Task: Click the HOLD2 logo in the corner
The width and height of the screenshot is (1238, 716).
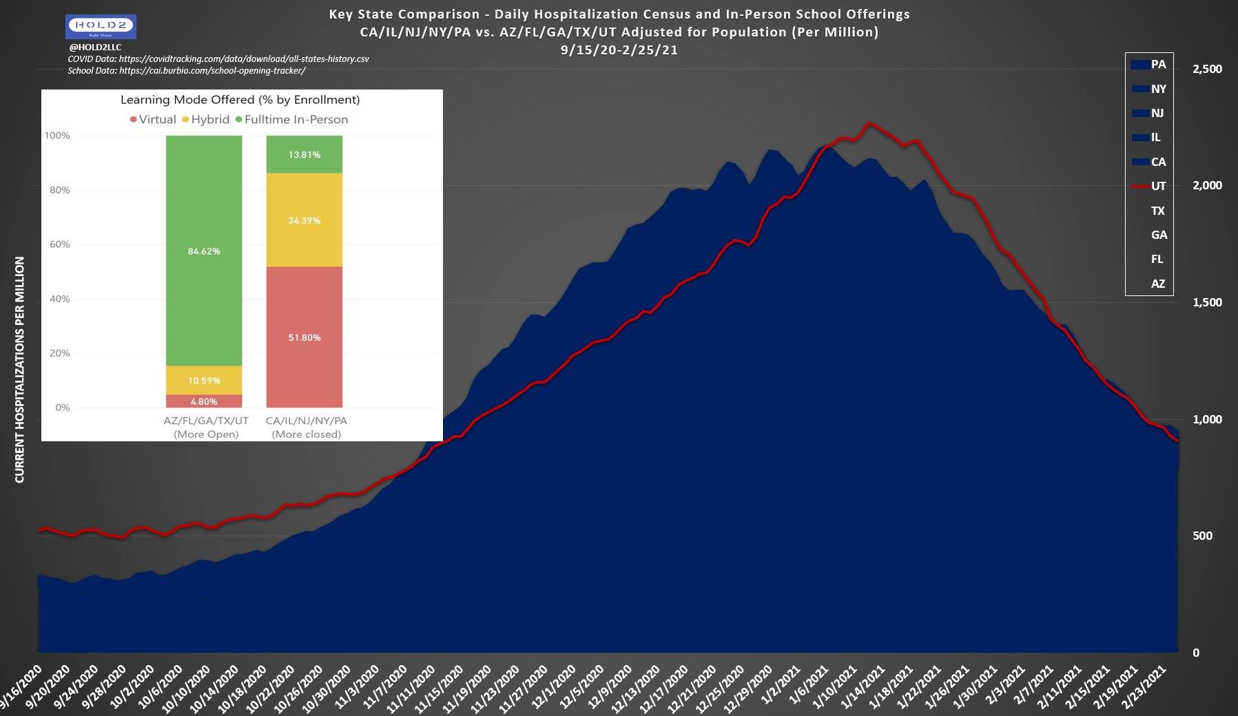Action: coord(101,27)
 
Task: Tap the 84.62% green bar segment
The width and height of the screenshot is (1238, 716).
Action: coord(204,251)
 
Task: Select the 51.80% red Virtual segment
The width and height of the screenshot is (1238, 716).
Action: coord(304,337)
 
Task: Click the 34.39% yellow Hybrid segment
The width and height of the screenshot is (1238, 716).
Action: coord(304,220)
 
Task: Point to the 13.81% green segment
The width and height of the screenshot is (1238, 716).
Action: coord(304,154)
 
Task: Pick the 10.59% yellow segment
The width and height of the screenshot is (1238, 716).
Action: coord(204,380)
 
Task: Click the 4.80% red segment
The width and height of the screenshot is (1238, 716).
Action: coord(204,401)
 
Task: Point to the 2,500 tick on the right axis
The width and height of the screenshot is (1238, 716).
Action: coord(1207,69)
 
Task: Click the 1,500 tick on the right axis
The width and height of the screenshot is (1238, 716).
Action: coord(1207,302)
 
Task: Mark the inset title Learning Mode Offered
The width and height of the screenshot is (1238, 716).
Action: coord(240,99)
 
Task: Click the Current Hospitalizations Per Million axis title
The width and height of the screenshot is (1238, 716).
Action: coord(19,370)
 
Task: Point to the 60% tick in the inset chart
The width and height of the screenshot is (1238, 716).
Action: coord(58,244)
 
